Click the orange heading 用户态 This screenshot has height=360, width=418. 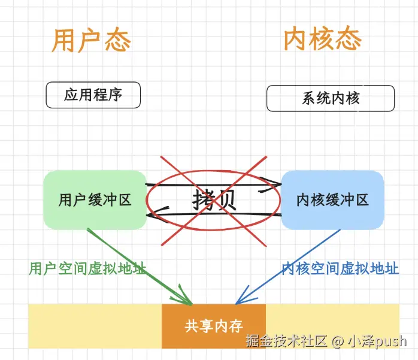tap(91, 40)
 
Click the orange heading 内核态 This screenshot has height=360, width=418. tap(322, 40)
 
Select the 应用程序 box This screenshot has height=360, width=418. tap(93, 95)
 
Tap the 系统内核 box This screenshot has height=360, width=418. tap(331, 98)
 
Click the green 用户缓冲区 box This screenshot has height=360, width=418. tap(95, 199)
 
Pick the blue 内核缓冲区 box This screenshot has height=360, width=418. tap(332, 200)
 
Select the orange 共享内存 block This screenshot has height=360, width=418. tap(213, 326)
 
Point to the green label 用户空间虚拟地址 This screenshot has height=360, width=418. tap(87, 268)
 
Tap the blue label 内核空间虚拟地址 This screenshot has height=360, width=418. tap(340, 268)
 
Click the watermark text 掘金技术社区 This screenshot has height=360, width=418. tap(286, 341)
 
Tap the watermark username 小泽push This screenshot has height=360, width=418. tap(377, 341)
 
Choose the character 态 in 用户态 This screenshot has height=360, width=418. tap(117, 40)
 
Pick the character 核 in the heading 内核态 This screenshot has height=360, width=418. tap(322, 40)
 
